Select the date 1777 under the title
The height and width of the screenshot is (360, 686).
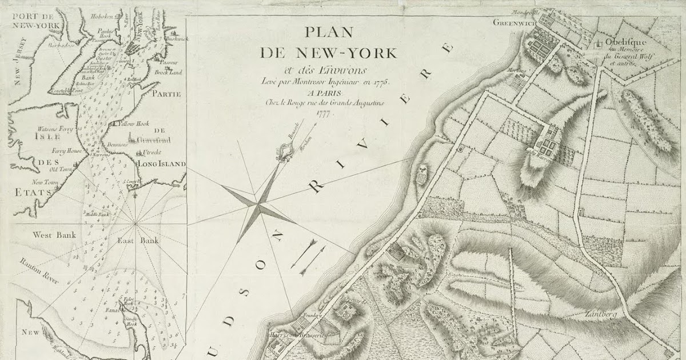point(324,113)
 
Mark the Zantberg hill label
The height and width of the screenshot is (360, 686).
point(599,314)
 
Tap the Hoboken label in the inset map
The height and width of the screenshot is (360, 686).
point(103,17)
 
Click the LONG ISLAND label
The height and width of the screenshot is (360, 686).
point(162,164)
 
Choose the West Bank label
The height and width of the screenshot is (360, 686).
point(50,235)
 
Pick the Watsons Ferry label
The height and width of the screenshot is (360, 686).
point(55,129)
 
